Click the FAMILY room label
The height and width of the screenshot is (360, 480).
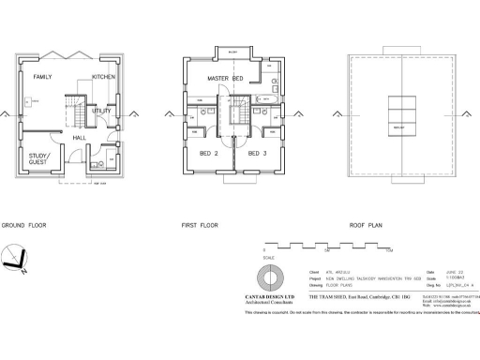(41, 76)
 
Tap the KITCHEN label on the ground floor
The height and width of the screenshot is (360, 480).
(103, 76)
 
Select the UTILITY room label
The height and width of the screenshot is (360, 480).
(101, 111)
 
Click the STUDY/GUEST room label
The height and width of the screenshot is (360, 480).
(39, 159)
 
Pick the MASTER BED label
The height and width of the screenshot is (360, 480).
(225, 79)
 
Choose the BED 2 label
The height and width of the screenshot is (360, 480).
(209, 153)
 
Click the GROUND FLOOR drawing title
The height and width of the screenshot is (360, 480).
(22, 226)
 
